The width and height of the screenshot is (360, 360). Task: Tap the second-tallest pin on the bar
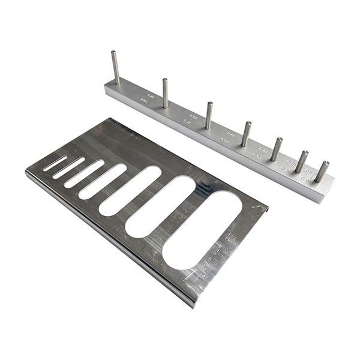tap(165, 93)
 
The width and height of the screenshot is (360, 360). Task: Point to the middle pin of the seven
tap(246, 134)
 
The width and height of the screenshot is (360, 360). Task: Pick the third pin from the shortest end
tap(276, 149)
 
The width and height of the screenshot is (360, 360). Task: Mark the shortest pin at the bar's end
tap(322, 172)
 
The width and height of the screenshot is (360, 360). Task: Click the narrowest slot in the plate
tap(55, 163)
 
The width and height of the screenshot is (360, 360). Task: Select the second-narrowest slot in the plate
tap(68, 168)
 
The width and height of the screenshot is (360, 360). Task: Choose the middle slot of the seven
tap(103, 182)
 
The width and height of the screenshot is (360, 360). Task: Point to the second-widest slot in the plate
tap(160, 206)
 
